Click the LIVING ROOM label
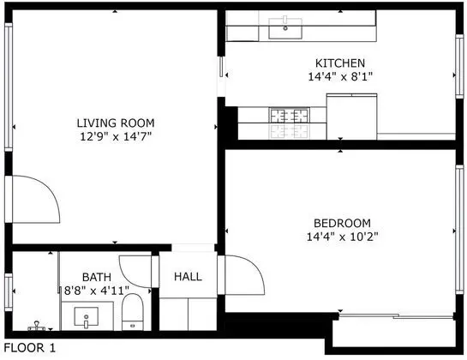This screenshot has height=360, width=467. point(116,123)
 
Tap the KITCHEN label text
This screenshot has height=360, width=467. point(340,63)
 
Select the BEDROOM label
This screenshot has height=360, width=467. point(342,223)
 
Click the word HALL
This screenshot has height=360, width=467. point(188,277)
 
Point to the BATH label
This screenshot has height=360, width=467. point(97,277)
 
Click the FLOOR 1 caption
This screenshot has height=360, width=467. point(30,348)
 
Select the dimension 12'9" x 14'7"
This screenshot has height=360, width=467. point(116,136)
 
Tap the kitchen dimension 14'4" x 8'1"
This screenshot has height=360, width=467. point(340,76)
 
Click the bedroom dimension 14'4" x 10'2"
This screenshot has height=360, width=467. point(343,237)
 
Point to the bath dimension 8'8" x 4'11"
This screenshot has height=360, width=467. point(97,291)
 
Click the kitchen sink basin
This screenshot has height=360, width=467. point(285,28)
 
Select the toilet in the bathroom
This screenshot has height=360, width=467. point(133,312)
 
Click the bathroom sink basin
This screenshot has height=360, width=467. point(86,317)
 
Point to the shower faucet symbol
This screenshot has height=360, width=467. point(37,326)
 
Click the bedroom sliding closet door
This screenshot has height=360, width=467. point(396,316)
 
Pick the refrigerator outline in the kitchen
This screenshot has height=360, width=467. point(351,117)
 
